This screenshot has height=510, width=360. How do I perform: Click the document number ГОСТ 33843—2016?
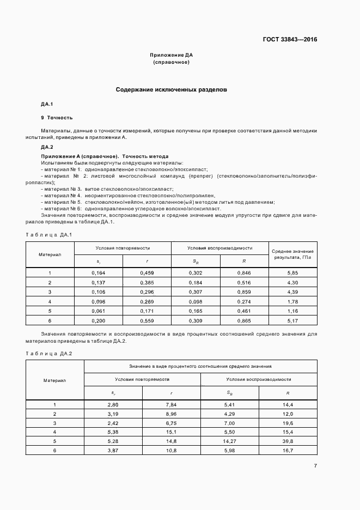[290, 40]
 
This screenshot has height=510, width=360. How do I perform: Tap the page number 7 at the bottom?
[315, 465]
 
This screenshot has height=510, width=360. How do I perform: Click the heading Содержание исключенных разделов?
[171, 89]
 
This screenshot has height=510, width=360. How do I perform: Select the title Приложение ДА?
[171, 55]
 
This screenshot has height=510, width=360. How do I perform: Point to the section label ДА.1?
[47, 104]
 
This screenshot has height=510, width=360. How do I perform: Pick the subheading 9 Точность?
[57, 117]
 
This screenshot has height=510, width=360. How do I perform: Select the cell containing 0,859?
[244, 292]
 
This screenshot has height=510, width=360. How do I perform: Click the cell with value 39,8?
[288, 441]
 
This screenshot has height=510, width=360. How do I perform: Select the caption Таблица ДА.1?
[50, 234]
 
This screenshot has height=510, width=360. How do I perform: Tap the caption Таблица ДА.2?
[50, 354]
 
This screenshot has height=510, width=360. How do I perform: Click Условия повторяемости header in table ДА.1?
[123, 248]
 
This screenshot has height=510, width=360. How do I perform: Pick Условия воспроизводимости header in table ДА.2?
[259, 379]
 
